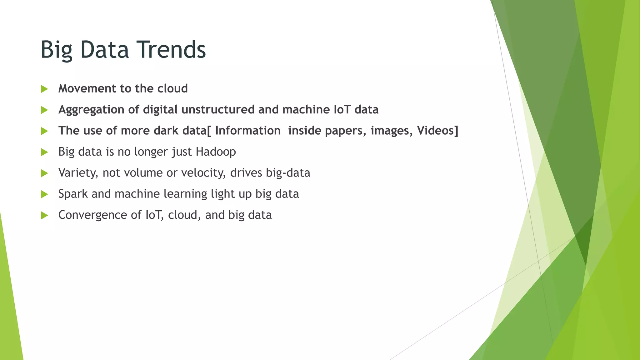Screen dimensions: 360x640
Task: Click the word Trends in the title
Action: point(172,49)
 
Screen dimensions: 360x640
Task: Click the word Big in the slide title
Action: point(56,50)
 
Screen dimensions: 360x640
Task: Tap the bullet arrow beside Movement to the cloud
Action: point(44,89)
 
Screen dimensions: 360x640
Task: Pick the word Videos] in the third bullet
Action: point(437,131)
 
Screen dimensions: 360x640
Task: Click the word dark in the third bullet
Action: point(166,131)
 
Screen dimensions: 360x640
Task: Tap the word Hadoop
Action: point(216,152)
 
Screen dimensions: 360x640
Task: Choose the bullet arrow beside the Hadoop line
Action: point(44,152)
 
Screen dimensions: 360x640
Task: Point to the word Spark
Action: point(73,194)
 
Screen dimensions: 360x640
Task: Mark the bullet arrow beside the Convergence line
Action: point(44,215)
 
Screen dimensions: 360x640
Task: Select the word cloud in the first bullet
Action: point(172,88)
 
